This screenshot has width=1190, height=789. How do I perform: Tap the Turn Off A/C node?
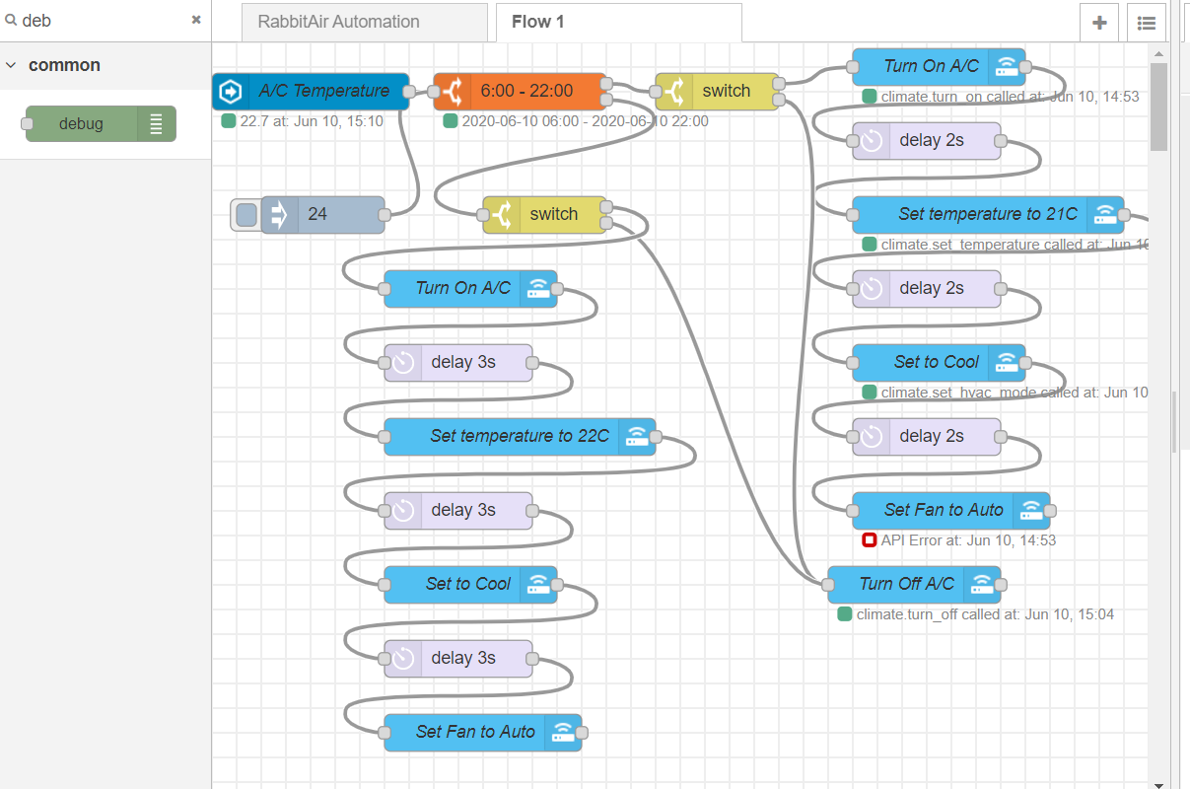point(906,585)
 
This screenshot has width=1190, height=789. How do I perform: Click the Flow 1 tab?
point(538,22)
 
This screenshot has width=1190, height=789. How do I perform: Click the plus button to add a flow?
point(1099,23)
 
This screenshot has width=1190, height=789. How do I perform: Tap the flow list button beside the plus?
point(1146,23)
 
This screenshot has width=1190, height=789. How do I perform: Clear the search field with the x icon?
point(196,20)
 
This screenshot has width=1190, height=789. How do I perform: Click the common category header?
point(64,66)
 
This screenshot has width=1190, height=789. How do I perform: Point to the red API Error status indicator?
point(869,540)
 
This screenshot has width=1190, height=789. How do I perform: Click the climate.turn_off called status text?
point(985,614)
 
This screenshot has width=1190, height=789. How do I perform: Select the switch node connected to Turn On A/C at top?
point(726,92)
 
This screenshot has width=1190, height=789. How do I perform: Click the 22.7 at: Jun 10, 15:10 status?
point(311,121)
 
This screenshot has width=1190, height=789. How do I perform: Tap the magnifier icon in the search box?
point(12,20)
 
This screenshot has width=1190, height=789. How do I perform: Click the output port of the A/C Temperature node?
point(408,92)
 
